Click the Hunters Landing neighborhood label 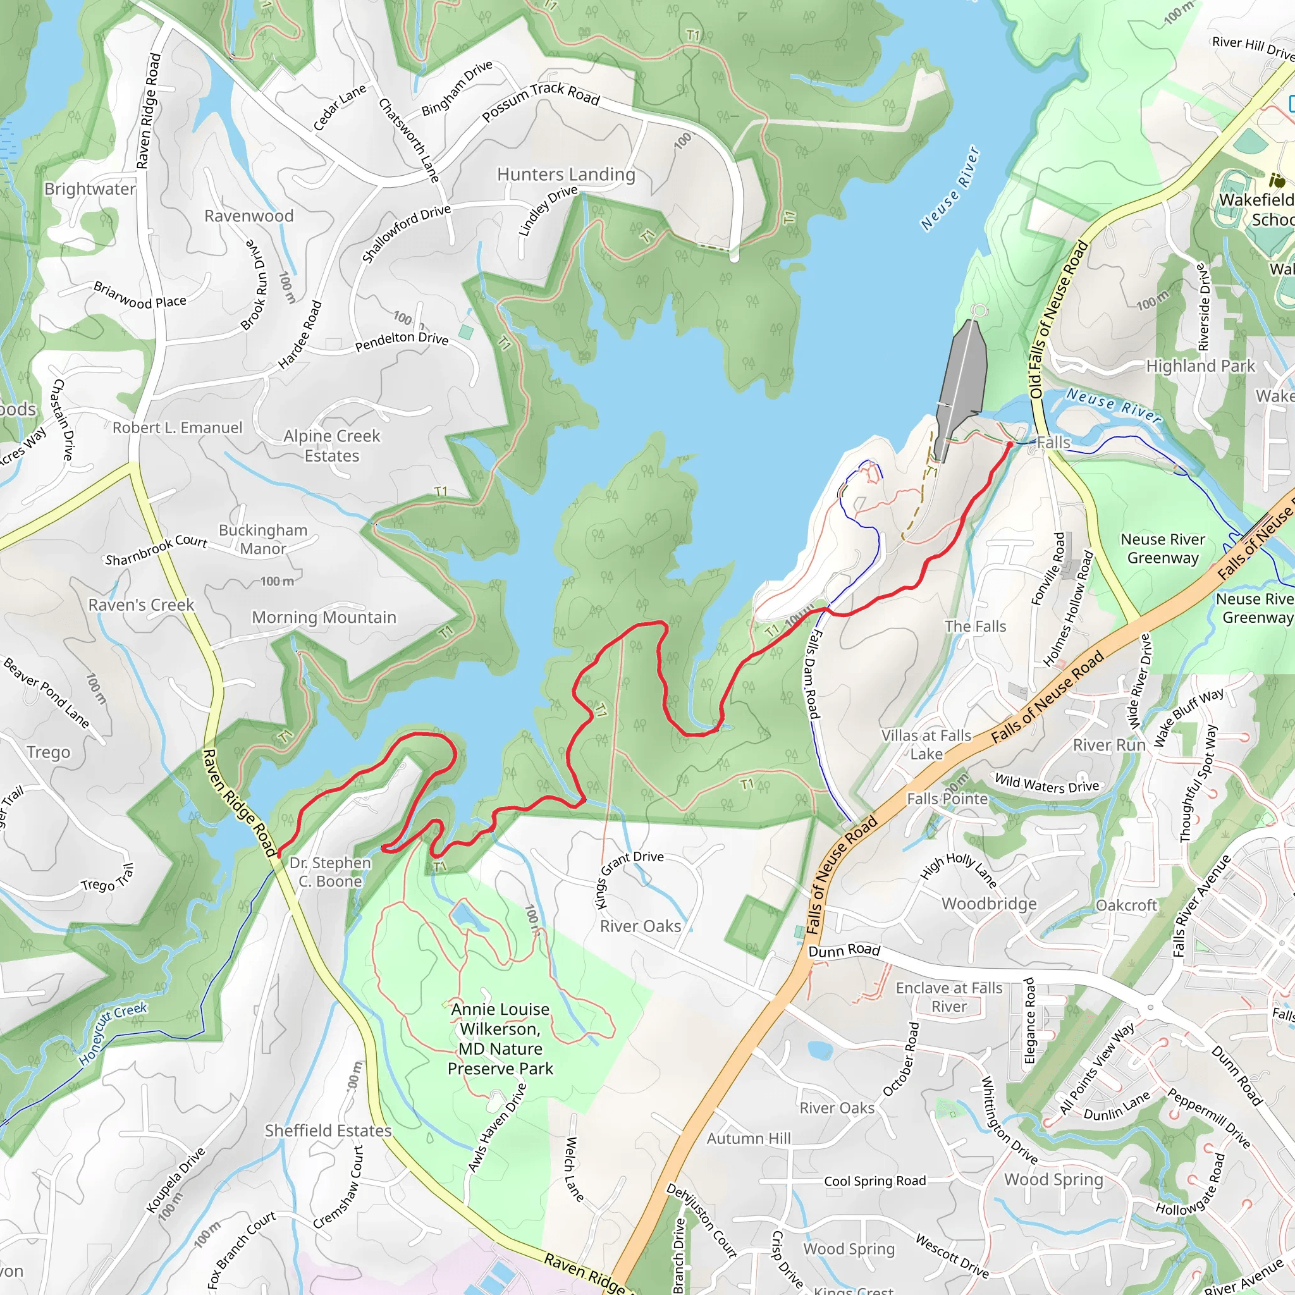(566, 175)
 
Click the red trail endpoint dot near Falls (1009, 445)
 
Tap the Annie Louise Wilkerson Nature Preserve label (500, 1038)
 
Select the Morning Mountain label (324, 617)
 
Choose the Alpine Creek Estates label (331, 446)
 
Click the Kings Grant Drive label (629, 880)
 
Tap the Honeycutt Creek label (113, 1034)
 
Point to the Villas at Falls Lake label (926, 745)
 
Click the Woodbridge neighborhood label (989, 904)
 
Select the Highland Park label (1200, 366)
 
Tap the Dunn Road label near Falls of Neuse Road (844, 950)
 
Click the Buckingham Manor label (263, 539)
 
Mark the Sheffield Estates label (328, 1131)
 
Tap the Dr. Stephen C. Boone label (330, 872)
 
